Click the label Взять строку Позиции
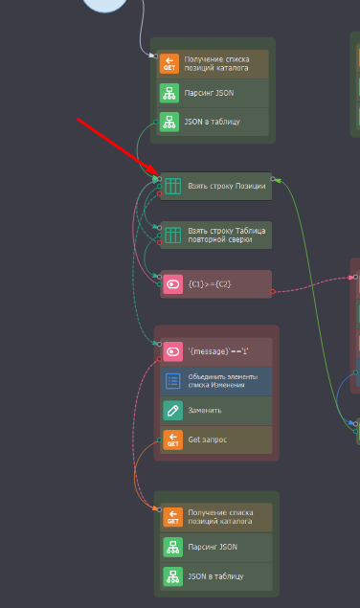coord(227,186)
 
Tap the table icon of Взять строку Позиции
coord(172,186)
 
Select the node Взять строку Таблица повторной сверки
coord(215,235)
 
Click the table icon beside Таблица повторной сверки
coord(172,235)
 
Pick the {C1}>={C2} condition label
coord(210,284)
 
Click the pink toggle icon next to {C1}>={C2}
coord(172,284)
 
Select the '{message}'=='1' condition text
coord(218,351)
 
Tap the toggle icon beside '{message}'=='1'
coord(172,351)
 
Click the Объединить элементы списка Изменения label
coord(223,381)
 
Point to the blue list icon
coord(172,381)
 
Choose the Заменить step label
coord(205,410)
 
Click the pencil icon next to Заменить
coord(172,410)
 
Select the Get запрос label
coord(208,439)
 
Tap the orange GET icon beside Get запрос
coord(172,439)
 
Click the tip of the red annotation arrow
coord(159,175)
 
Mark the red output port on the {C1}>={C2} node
coord(273,292)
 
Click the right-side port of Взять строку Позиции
coord(273,179)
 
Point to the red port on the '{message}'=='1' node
coord(160,359)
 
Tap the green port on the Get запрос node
coord(160,439)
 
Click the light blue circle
coord(104,5)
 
